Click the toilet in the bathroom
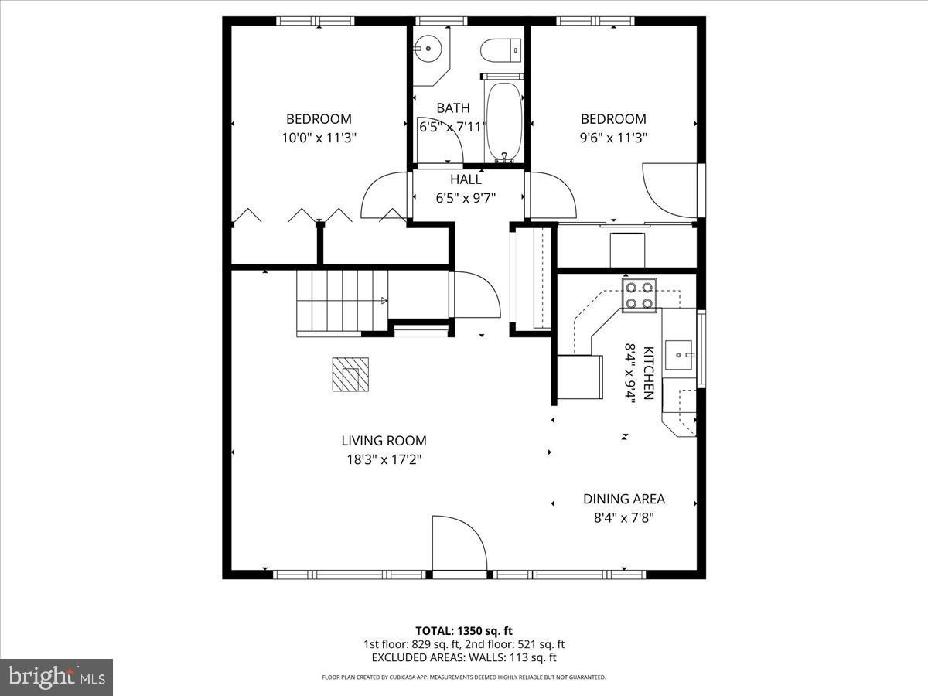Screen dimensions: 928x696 pyautogui.click(x=502, y=50)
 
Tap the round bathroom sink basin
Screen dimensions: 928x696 pyautogui.click(x=428, y=49)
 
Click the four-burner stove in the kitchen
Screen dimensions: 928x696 pyautogui.click(x=639, y=295)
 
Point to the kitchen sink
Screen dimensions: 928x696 pyautogui.click(x=678, y=355)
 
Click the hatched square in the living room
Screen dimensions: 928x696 pyautogui.click(x=350, y=374)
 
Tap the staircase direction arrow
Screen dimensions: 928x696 pyautogui.click(x=384, y=301)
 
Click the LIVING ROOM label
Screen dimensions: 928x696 pyautogui.click(x=384, y=441)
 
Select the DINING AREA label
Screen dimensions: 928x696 pyautogui.click(x=624, y=499)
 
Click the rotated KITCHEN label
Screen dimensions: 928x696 pyautogui.click(x=649, y=374)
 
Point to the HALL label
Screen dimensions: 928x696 pyautogui.click(x=466, y=179)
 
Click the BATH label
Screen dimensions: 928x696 pyautogui.click(x=453, y=108)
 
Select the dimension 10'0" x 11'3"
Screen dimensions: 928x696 pyautogui.click(x=319, y=138)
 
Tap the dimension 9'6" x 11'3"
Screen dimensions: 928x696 pyautogui.click(x=613, y=138)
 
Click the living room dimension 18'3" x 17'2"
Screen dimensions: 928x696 pyautogui.click(x=384, y=459)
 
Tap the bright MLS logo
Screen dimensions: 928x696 pyautogui.click(x=56, y=677)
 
